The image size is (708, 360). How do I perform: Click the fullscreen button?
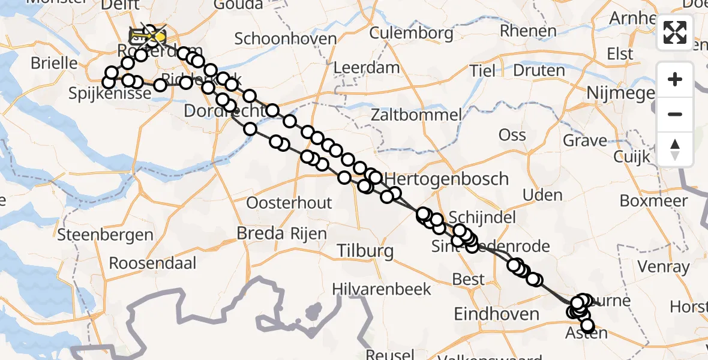coord(675,32)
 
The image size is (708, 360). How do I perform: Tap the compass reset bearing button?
coord(675,149)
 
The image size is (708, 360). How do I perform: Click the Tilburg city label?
coord(365,251)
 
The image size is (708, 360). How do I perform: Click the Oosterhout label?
coord(289,203)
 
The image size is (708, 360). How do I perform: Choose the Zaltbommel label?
coord(416,114)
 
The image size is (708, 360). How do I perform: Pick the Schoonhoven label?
coord(285,39)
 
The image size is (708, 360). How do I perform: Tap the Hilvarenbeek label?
coord(383,289)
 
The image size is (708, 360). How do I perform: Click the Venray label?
coord(664,266)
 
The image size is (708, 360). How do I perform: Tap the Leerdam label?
coord(366,68)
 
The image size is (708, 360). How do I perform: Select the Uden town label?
coord(542,195)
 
